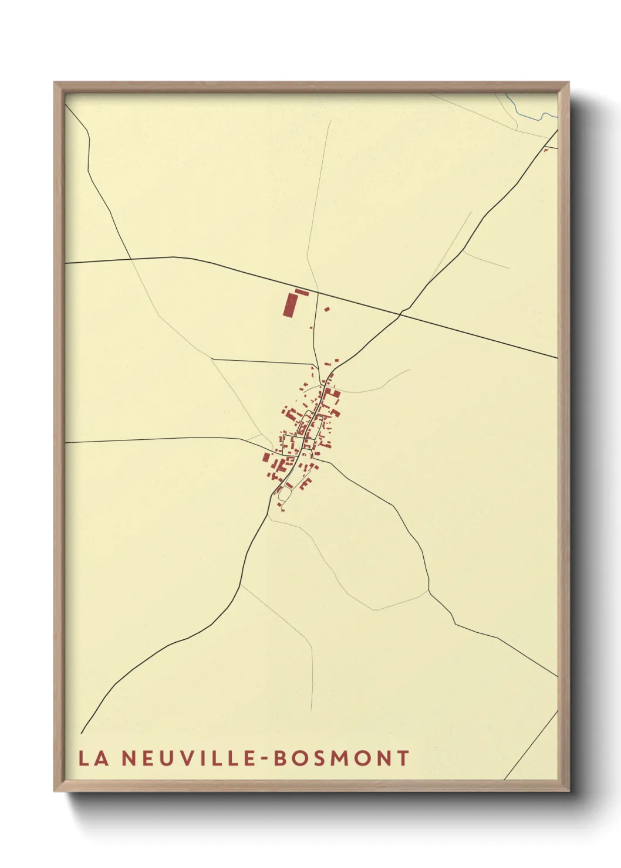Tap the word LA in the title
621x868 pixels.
93,758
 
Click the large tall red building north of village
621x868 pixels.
289,306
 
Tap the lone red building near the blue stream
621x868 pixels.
546,150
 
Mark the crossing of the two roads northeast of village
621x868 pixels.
401,315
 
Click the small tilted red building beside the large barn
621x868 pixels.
327,309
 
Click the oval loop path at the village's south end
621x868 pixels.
284,494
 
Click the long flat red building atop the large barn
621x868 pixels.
302,292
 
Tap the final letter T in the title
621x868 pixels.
403,758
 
